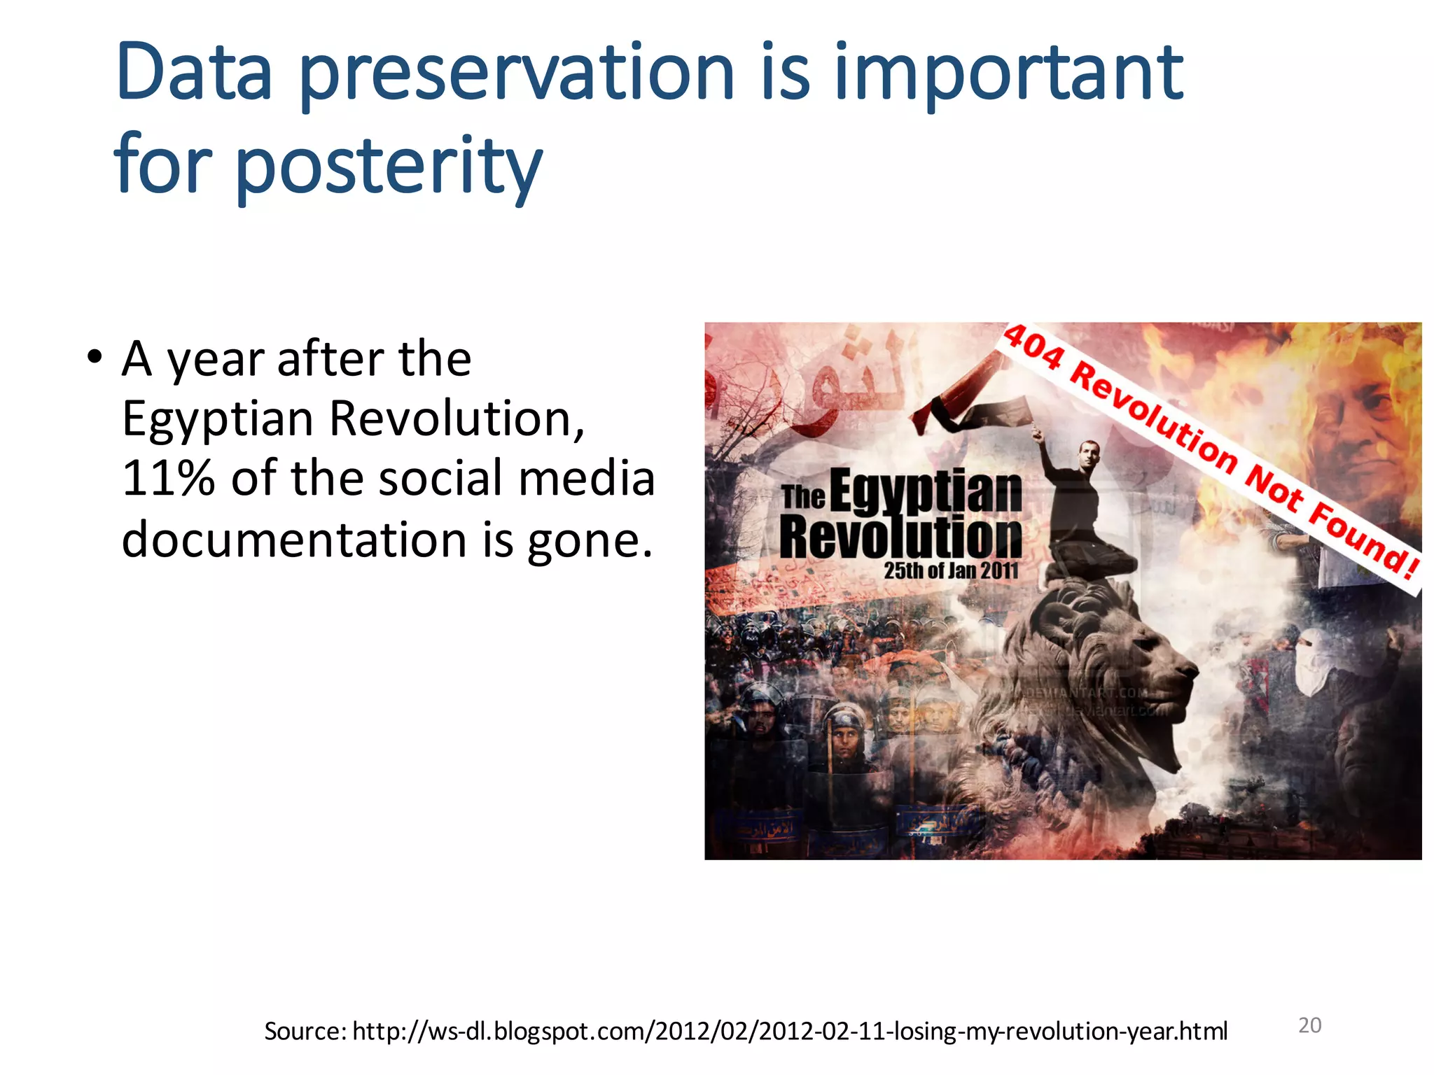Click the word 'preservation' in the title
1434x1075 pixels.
[517, 73]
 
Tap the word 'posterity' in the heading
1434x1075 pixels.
[389, 167]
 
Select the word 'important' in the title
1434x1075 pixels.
[1008, 73]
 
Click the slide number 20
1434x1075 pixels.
[1309, 1025]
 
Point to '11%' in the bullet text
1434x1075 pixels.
[168, 479]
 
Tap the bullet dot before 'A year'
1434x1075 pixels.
[94, 358]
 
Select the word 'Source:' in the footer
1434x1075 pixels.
[305, 1031]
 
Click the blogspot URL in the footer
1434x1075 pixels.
[790, 1031]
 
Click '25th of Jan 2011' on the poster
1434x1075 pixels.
[951, 570]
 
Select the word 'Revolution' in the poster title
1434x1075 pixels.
[900, 538]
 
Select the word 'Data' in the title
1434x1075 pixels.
[195, 73]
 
